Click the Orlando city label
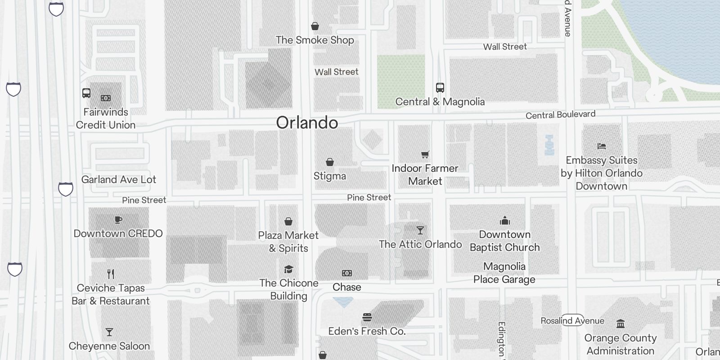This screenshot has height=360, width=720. [307, 122]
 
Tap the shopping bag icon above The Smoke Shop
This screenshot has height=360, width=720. [315, 27]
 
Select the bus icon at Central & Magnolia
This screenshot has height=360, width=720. [440, 88]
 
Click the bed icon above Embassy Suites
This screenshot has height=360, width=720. [602, 146]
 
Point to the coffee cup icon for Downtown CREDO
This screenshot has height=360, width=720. [118, 220]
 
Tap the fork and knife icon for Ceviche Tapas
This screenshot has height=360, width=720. [111, 274]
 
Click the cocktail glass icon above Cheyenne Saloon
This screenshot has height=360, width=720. [109, 332]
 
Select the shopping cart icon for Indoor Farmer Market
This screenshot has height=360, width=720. [425, 155]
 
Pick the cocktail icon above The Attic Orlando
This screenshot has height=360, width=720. [420, 230]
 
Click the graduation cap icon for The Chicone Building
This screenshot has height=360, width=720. [288, 269]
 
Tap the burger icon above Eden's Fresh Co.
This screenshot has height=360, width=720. [367, 317]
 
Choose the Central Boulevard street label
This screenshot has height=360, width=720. [560, 115]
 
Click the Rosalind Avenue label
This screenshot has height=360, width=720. [572, 320]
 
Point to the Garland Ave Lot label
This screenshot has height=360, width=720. [118, 180]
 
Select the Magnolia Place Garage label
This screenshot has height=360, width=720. [504, 273]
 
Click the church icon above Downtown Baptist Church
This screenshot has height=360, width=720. [505, 220]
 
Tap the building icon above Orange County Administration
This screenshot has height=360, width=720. [621, 324]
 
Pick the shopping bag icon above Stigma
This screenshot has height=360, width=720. [330, 162]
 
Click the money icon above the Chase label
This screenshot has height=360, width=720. [346, 273]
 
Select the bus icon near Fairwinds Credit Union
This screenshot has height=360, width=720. [86, 93]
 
